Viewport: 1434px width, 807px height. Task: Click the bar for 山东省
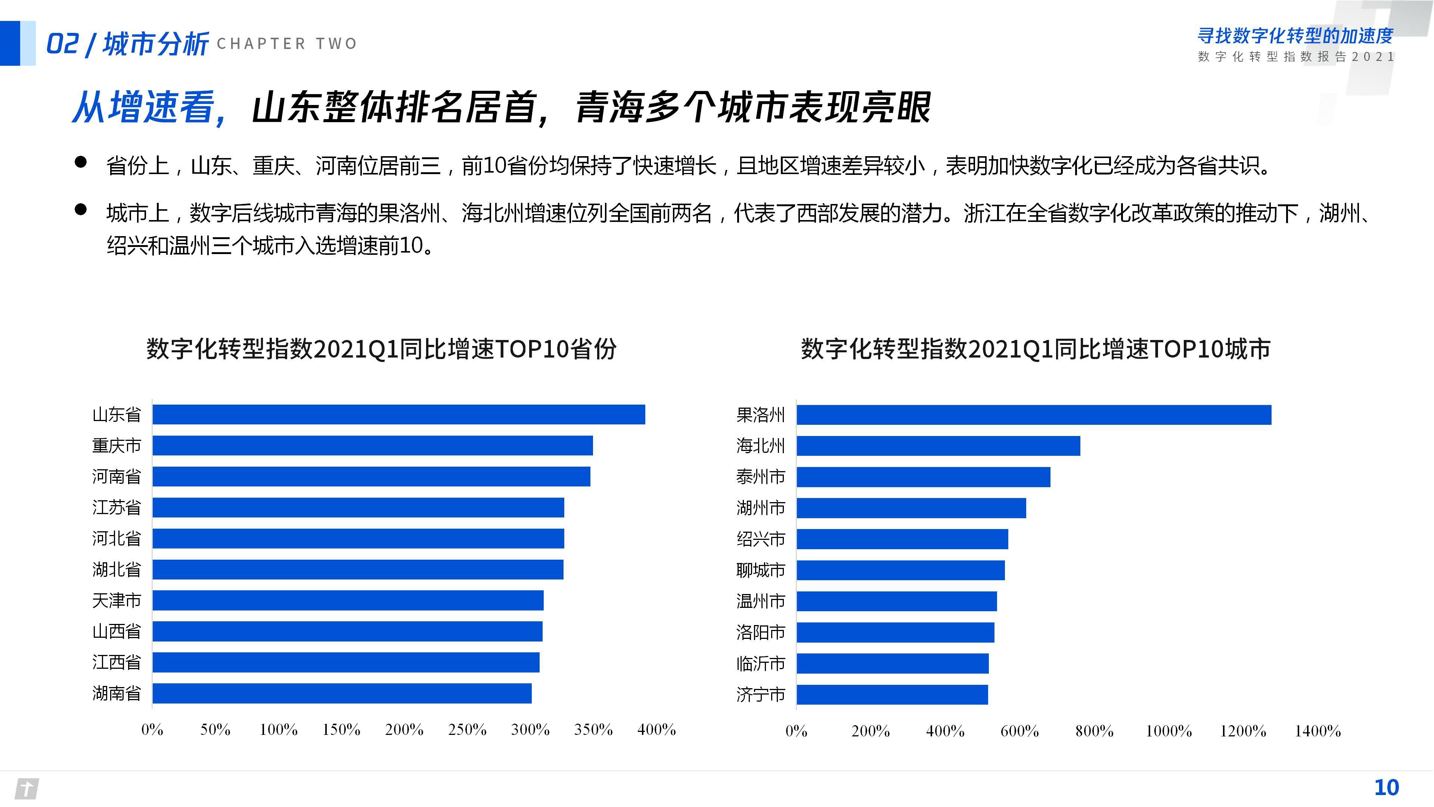tap(398, 414)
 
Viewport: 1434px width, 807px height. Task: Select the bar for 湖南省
tap(342, 693)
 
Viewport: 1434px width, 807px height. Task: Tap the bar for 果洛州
tap(1034, 415)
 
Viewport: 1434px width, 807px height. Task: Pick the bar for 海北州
tap(938, 446)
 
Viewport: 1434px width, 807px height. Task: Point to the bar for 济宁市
tap(892, 695)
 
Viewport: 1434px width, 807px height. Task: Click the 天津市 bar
tap(348, 600)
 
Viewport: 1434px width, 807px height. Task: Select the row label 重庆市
tap(117, 446)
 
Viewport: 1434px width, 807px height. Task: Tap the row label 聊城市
tap(760, 570)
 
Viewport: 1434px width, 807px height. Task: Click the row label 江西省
tap(117, 662)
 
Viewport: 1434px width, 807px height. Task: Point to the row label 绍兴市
tap(760, 539)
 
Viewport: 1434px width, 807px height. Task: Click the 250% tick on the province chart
tap(467, 730)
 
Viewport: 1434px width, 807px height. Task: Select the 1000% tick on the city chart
tap(1168, 731)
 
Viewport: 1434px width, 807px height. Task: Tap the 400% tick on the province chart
tap(657, 730)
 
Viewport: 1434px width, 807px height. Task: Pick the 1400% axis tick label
tap(1317, 731)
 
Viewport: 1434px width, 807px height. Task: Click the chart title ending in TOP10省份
tap(381, 349)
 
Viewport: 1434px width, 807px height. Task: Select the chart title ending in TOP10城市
tap(1036, 349)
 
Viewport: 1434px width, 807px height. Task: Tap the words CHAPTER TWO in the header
tap(287, 43)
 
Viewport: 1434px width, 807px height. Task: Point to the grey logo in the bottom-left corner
tap(26, 789)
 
